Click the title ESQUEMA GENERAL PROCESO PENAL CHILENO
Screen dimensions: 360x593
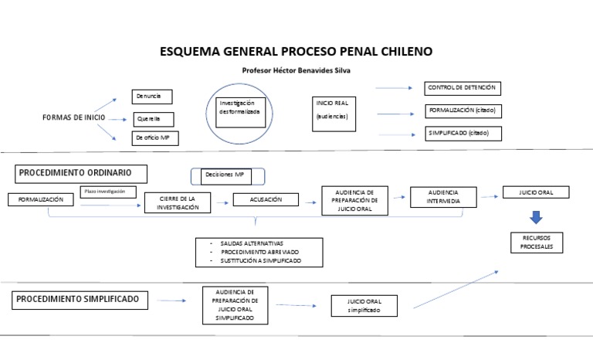tap(296, 52)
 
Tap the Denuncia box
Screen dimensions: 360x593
tap(152, 97)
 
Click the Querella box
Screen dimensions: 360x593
tap(153, 119)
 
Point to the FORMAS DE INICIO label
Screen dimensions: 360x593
tap(73, 117)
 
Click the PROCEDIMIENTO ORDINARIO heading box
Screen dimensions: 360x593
tap(80, 172)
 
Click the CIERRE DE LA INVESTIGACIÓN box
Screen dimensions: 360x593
tap(177, 203)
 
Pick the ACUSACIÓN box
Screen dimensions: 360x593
tap(265, 199)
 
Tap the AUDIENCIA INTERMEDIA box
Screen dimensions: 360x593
tap(440, 196)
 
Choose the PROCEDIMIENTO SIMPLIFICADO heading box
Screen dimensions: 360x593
tap(78, 298)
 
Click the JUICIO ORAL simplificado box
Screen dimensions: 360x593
tap(365, 306)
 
